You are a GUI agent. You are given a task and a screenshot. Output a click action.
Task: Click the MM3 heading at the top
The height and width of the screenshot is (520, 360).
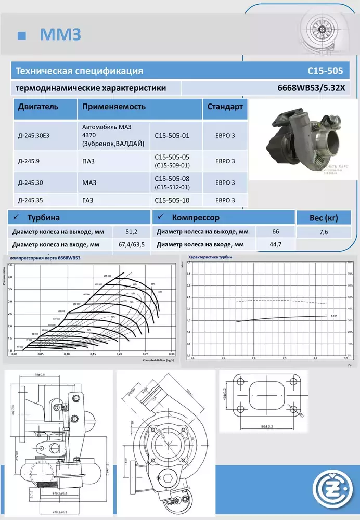pyautogui.click(x=60, y=34)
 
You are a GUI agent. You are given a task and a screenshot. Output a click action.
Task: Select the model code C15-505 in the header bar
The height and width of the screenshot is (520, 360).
pyautogui.click(x=325, y=71)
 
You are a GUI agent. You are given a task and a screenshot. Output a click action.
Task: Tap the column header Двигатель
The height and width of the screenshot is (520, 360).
pyautogui.click(x=38, y=107)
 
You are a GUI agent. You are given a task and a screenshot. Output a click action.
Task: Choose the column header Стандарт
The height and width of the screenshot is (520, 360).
pyautogui.click(x=225, y=107)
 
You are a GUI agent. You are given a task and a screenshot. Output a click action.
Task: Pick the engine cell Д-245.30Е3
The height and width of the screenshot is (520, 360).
pyautogui.click(x=37, y=136)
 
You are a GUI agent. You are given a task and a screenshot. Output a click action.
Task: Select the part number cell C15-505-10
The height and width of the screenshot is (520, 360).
pyautogui.click(x=172, y=200)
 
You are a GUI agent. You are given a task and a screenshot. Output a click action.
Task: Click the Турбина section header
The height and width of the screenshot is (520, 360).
pyautogui.click(x=44, y=217)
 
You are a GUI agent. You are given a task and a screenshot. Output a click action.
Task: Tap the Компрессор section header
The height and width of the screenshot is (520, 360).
pyautogui.click(x=195, y=217)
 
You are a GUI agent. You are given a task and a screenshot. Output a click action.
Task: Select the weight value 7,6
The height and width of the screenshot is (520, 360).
pyautogui.click(x=324, y=232)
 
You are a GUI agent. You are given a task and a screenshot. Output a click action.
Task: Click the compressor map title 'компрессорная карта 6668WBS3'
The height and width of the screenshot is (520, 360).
pyautogui.click(x=45, y=258)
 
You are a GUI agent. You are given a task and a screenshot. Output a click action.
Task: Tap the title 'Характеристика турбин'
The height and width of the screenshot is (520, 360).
pyautogui.click(x=210, y=257)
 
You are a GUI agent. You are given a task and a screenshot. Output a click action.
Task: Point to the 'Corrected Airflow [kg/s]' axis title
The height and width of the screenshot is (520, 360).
pyautogui.click(x=158, y=360)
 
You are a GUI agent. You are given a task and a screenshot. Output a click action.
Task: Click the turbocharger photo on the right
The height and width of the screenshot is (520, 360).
pyautogui.click(x=303, y=139)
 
